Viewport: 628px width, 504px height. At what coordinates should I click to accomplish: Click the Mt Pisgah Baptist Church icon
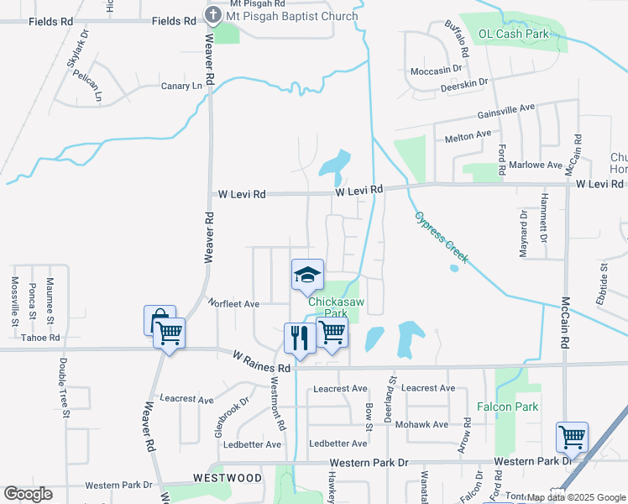coord(213,15)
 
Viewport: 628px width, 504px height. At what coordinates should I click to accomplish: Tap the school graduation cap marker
coord(307,275)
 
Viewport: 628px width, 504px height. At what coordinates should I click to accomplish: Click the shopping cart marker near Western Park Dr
coord(572,437)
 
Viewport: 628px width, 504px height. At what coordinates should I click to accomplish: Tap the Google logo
coord(28,494)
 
